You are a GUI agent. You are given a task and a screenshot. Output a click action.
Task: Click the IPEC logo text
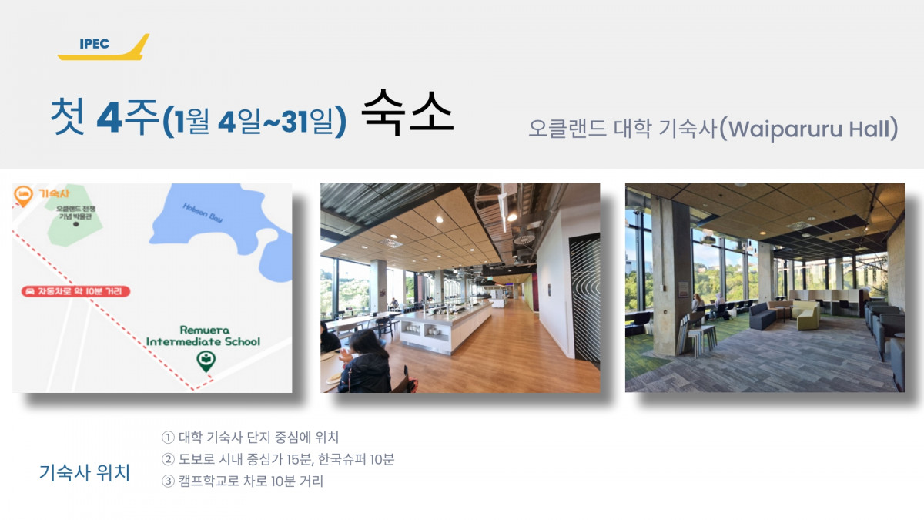pyautogui.click(x=95, y=44)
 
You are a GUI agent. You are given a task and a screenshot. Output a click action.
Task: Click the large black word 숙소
pyautogui.click(x=407, y=112)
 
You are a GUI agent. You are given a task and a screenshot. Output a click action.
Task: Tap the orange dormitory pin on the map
pyautogui.click(x=23, y=196)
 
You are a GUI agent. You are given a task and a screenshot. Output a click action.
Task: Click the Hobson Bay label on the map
pyautogui.click(x=203, y=213)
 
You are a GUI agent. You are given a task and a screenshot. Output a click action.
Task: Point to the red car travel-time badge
pyautogui.click(x=75, y=291)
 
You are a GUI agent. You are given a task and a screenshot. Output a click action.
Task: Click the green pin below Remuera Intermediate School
pyautogui.click(x=206, y=361)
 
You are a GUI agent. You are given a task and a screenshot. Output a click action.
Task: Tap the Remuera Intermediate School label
pyautogui.click(x=203, y=336)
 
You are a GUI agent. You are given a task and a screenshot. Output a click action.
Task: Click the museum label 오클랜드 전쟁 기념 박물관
pyautogui.click(x=75, y=213)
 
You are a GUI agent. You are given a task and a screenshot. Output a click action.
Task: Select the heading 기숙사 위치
pyautogui.click(x=85, y=472)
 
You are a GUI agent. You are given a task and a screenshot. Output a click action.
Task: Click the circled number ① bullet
pyautogui.click(x=168, y=437)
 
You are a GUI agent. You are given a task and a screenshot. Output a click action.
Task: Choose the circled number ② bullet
pyautogui.click(x=168, y=459)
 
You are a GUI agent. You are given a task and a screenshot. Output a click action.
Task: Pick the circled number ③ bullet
pyautogui.click(x=168, y=481)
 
